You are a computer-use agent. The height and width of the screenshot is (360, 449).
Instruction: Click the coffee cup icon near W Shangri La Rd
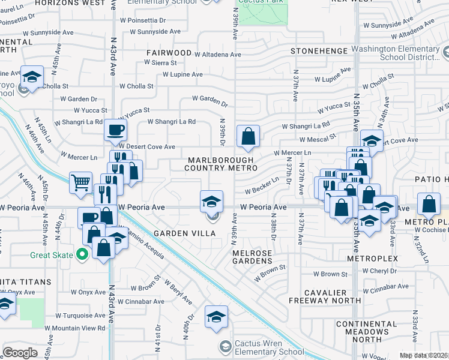tap(115, 129)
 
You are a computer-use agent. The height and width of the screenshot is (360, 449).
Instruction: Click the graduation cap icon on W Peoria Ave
tap(211, 202)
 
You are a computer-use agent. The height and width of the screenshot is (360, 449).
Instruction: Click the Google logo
tap(20, 352)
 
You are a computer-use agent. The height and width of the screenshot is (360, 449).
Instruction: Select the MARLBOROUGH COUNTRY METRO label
tap(220, 164)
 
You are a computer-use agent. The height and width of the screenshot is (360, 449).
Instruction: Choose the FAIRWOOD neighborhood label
tap(168, 53)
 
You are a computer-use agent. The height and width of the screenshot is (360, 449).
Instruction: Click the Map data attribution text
tap(424, 355)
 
